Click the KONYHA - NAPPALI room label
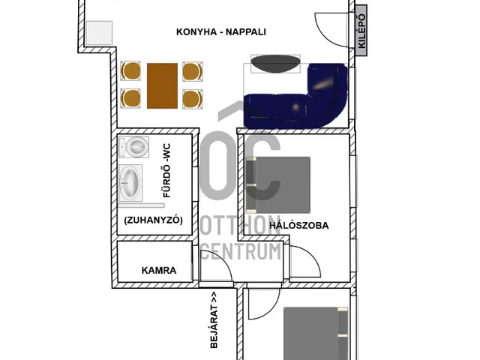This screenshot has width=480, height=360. pos(220,32)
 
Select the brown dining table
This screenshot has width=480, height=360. pos(162,85)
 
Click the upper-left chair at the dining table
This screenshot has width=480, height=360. pos(130,71)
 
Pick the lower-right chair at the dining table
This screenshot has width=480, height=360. pos(193,98)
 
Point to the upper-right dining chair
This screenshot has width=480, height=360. pos(193,71)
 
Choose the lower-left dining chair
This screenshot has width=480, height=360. pos(130,98)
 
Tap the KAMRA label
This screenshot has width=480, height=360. pos(159,270)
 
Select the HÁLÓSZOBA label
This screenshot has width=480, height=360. pos(299,225)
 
